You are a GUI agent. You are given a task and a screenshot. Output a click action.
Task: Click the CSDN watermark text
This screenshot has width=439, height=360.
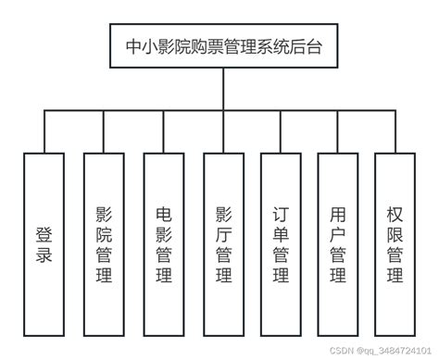(370, 352)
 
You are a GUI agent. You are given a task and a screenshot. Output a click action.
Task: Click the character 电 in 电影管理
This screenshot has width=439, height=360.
(163, 212)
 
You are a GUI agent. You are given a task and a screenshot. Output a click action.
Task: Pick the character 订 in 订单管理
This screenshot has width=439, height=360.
(281, 212)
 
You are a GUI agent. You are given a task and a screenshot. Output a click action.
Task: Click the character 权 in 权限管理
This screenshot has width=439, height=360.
(395, 212)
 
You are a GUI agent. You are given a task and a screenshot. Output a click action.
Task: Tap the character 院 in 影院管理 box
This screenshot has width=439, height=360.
(103, 232)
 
